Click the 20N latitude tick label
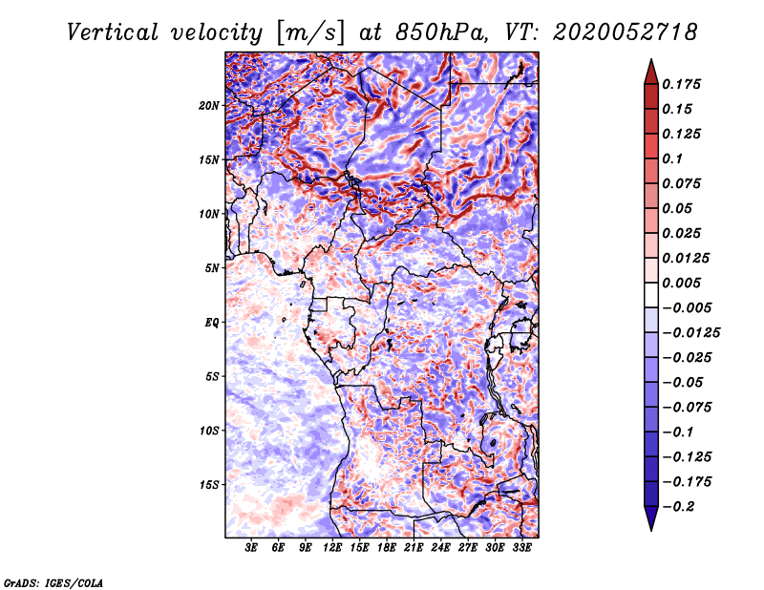tap(209, 106)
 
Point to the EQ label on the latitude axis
tap(212, 323)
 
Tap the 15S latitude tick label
tap(209, 485)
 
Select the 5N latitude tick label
tap(212, 268)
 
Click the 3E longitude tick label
tap(251, 547)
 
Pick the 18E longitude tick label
tap(386, 547)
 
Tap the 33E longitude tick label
tap(521, 547)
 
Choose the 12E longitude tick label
tap(331, 547)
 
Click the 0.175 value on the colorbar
tap(681, 84)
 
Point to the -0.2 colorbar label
tap(678, 507)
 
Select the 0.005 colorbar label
tap(681, 283)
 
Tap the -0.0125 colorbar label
tap(690, 333)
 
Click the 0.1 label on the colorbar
tap(672, 158)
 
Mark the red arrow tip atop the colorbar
tap(651, 59)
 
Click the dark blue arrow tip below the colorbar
tap(651, 530)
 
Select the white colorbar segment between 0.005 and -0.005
tap(651, 295)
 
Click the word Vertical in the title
tap(113, 32)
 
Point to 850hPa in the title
tap(442, 32)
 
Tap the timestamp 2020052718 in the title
tap(626, 32)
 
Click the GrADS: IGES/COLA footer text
tap(53, 583)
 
